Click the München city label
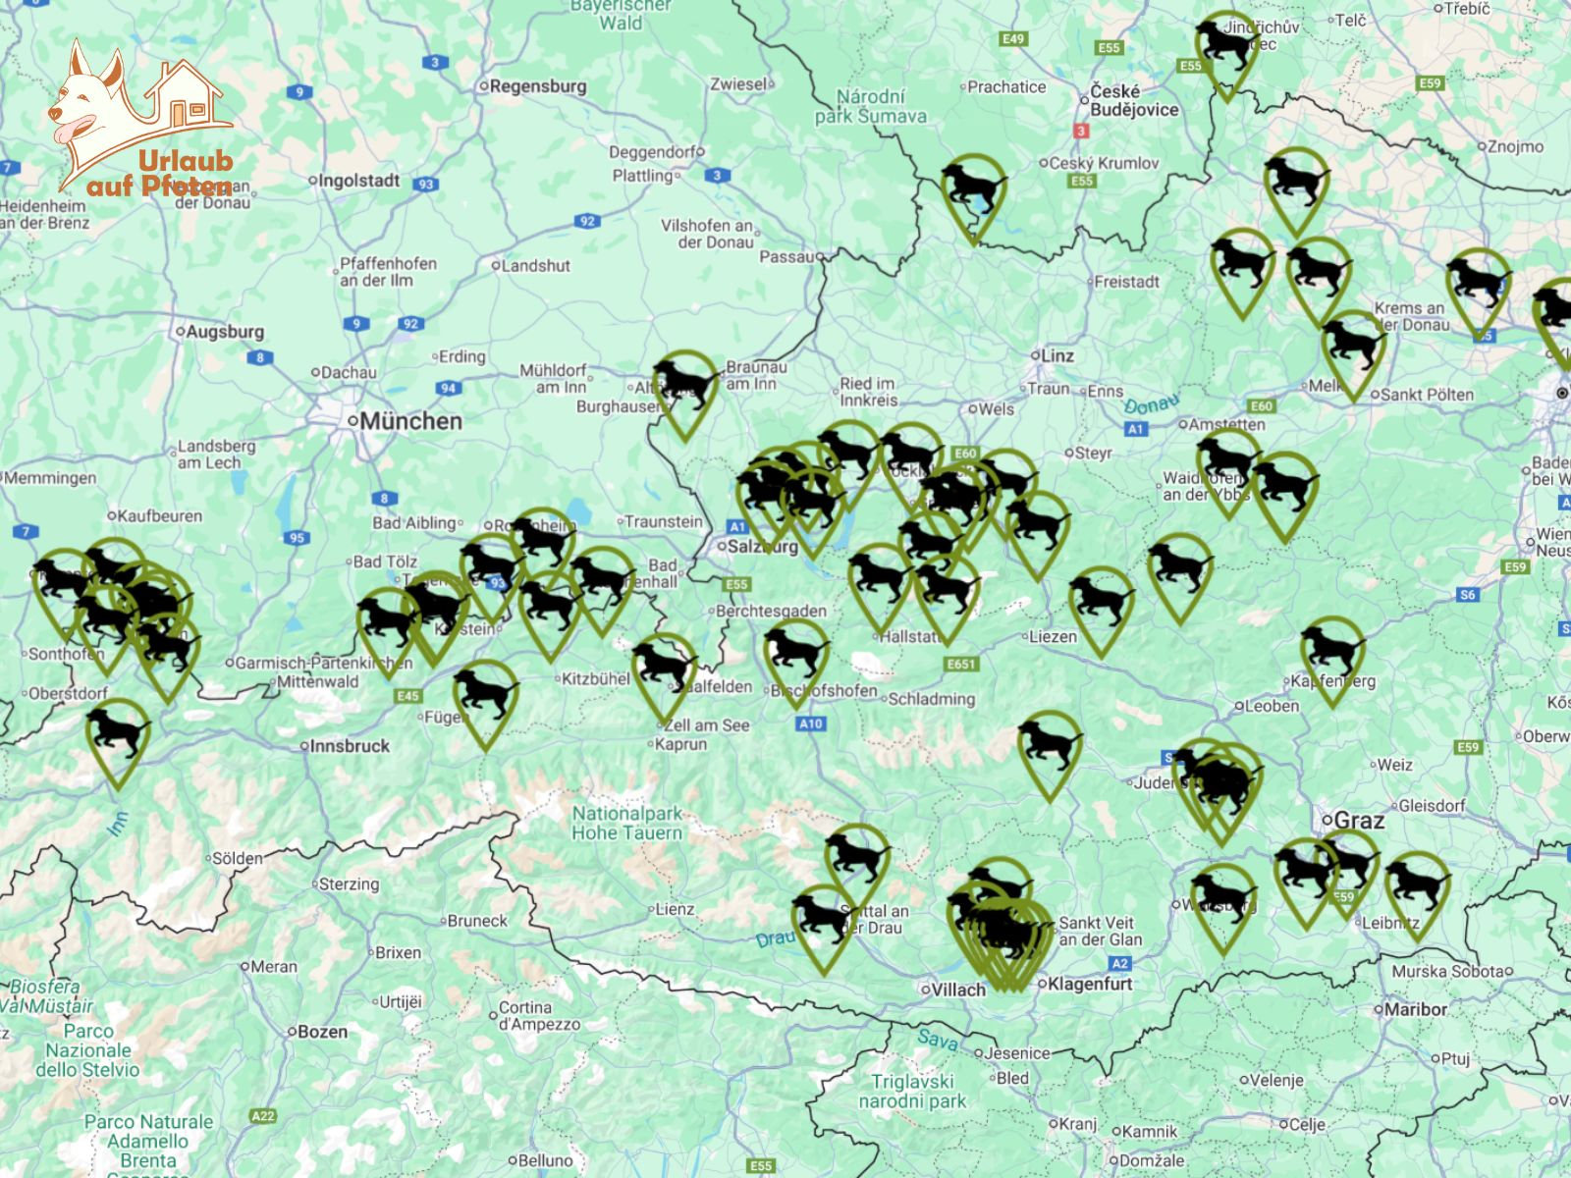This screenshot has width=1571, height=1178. pyautogui.click(x=409, y=421)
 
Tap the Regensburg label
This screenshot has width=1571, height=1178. pyautogui.click(x=537, y=86)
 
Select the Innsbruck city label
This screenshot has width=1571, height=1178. pyautogui.click(x=350, y=746)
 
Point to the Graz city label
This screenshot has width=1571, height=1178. pyautogui.click(x=1359, y=820)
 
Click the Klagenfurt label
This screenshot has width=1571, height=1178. pyautogui.click(x=1090, y=984)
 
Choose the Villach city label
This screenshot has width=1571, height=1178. pyautogui.click(x=957, y=990)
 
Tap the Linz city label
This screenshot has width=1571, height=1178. pyautogui.click(x=1057, y=355)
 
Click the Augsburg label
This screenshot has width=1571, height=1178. pyautogui.click(x=225, y=332)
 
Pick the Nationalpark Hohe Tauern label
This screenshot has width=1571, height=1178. pyautogui.click(x=627, y=823)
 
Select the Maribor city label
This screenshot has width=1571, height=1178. pyautogui.click(x=1415, y=1009)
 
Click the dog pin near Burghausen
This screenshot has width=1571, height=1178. pyautogui.click(x=686, y=389)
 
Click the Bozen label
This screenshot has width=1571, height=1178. pyautogui.click(x=322, y=1032)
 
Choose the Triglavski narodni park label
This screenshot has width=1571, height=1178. pyautogui.click(x=913, y=1091)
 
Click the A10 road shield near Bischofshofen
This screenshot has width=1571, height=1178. pyautogui.click(x=810, y=723)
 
